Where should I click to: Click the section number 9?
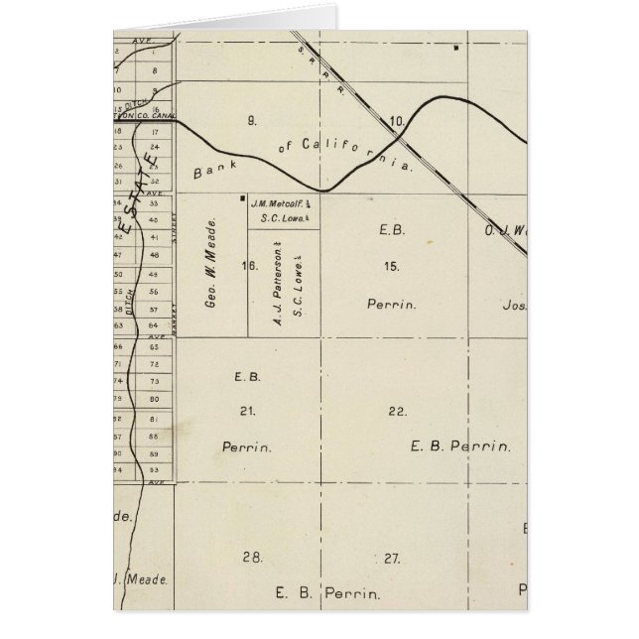pos(252,121)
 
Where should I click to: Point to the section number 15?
pos(392,266)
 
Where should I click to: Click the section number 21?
pos(248,411)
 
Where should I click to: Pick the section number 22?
pos(397,411)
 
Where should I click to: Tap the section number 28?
pos(252,558)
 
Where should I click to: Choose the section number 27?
pos(393,558)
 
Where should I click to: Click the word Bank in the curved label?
pos(211,171)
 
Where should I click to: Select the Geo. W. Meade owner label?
pos(211,271)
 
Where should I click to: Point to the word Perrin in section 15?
pos(391,305)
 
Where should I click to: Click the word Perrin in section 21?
pos(247,447)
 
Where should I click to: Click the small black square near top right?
pos(454,47)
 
